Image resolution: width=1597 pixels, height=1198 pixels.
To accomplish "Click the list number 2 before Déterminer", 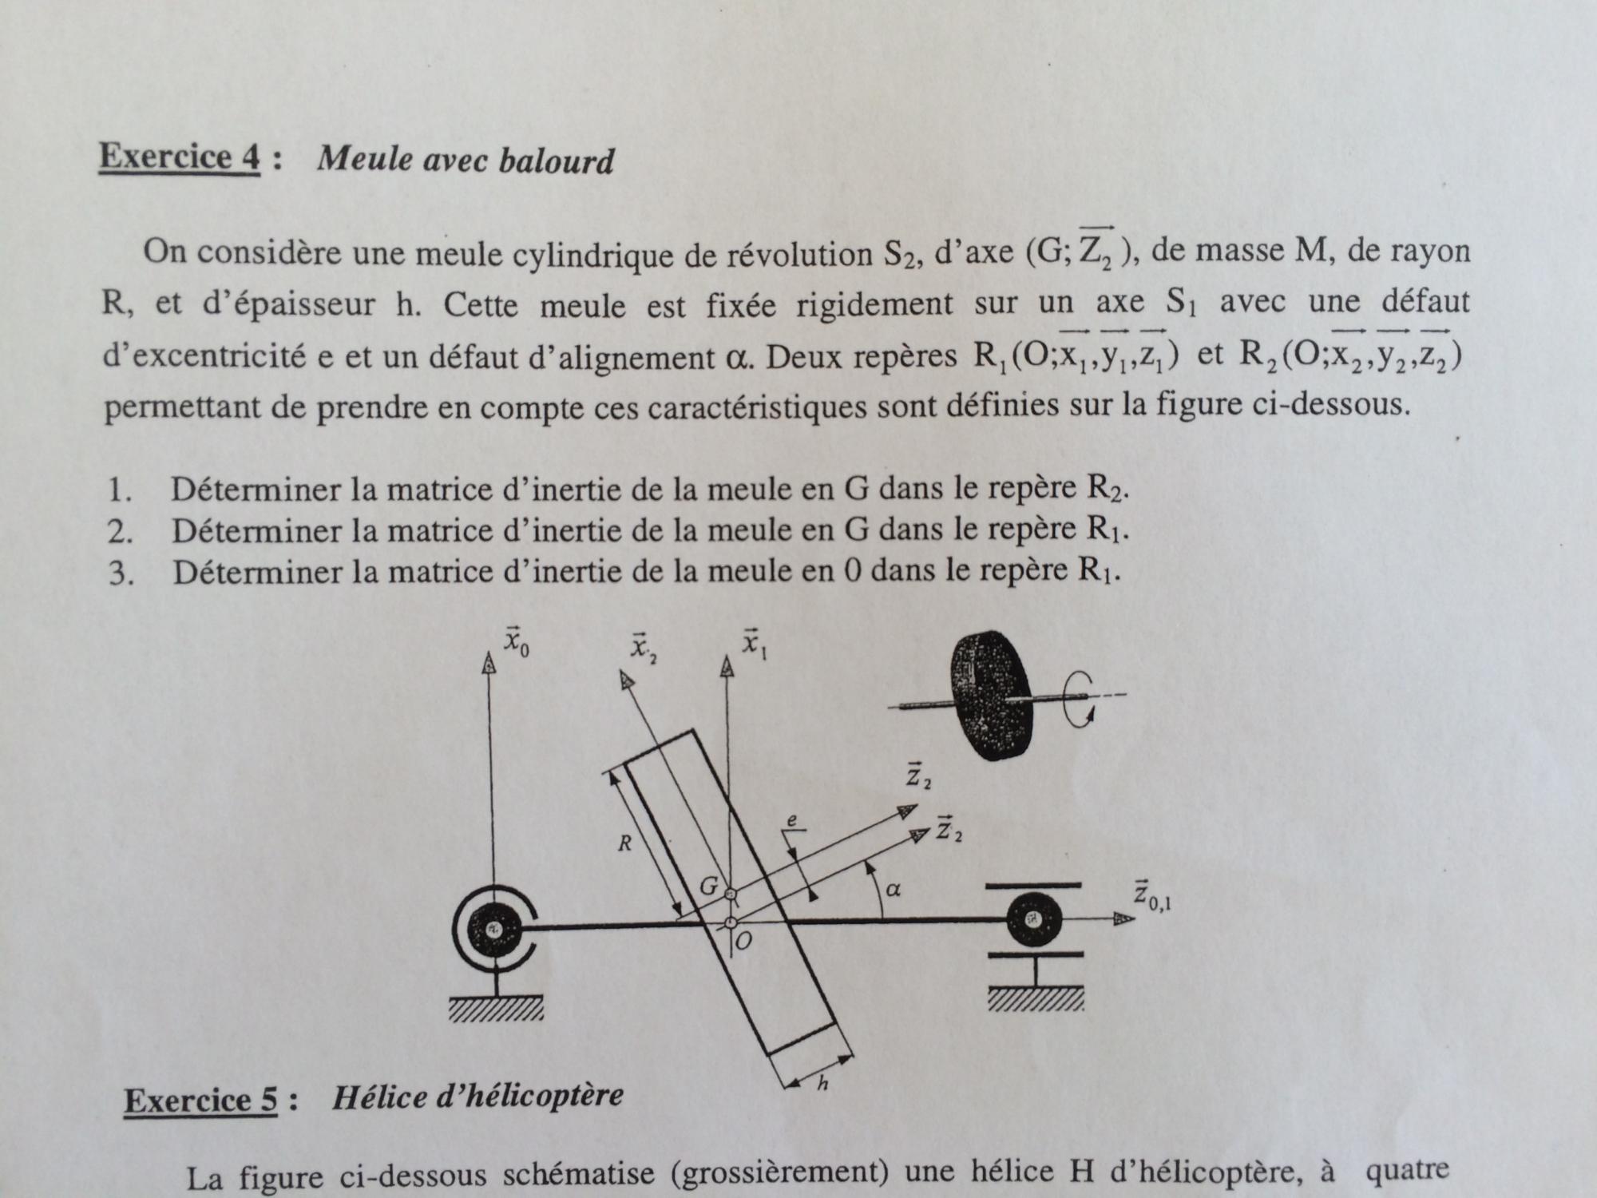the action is pos(120,532).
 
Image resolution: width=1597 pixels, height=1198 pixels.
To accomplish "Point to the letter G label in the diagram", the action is pos(709,886).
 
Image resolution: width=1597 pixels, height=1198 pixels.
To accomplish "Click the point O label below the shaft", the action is pos(743,942).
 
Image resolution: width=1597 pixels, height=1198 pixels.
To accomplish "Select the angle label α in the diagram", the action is pos(894,890).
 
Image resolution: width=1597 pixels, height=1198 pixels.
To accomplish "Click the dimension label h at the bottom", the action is pos(823,1084).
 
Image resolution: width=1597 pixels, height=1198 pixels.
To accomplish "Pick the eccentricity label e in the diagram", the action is pos(791,821).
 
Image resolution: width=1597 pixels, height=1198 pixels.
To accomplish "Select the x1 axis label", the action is pos(753,643).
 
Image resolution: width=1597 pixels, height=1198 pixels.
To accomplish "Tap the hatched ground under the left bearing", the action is pos(495,1010).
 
